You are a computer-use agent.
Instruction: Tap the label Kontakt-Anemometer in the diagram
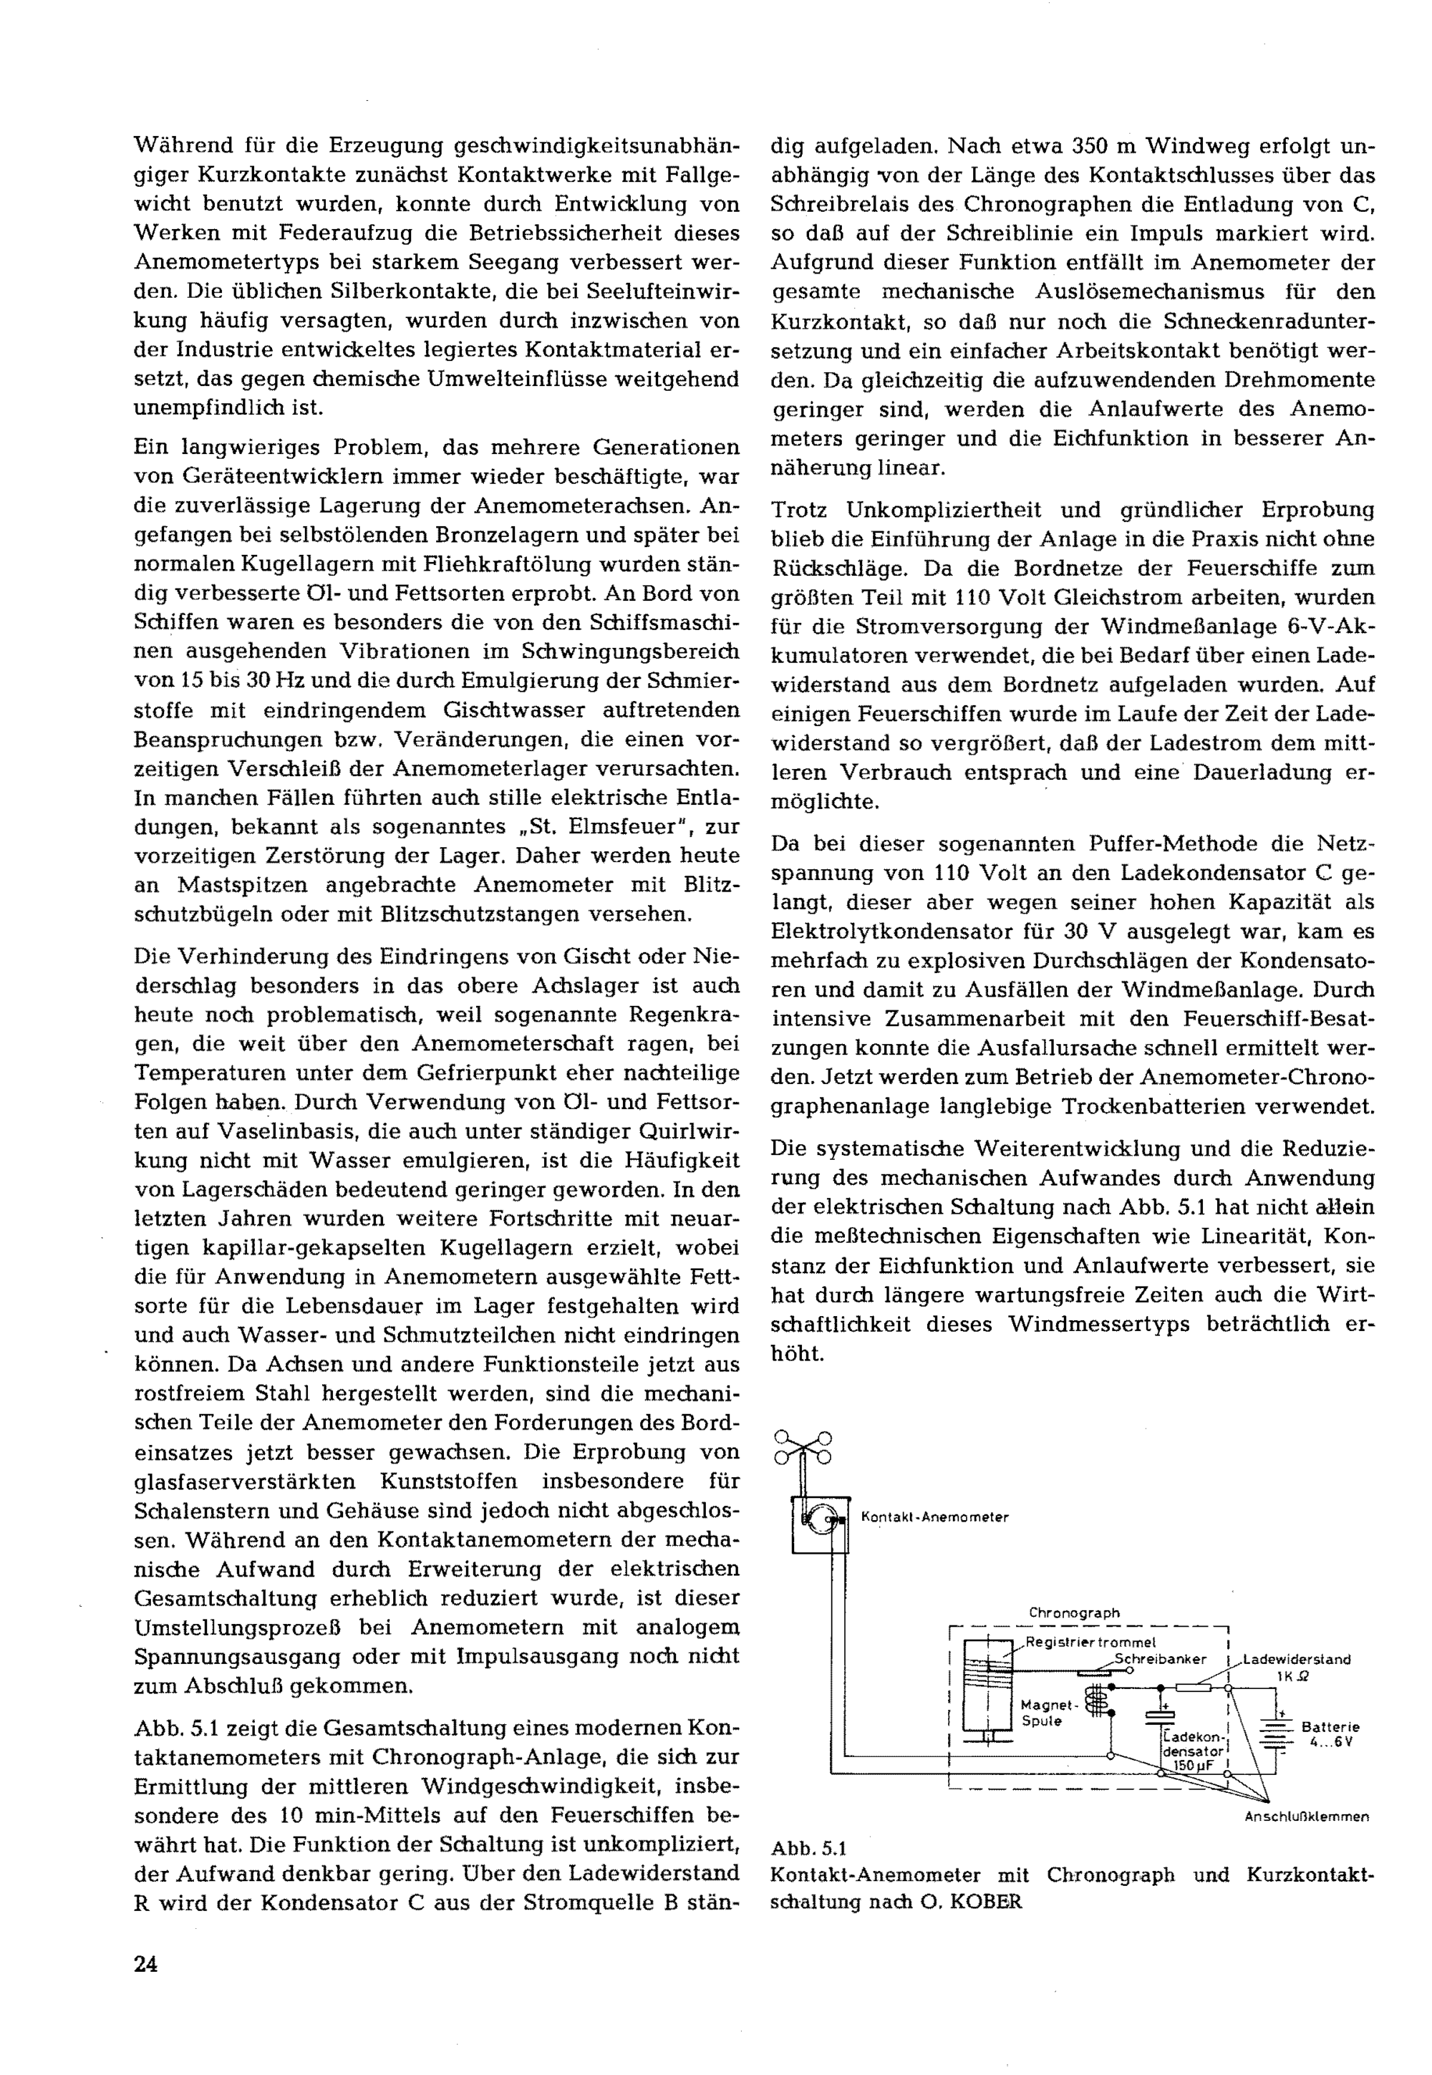[934, 1517]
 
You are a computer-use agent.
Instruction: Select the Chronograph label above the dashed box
[1074, 1612]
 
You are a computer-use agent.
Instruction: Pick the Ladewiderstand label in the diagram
[1297, 1659]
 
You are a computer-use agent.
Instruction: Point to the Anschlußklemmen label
[1307, 1817]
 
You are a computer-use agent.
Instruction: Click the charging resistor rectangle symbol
[1194, 1688]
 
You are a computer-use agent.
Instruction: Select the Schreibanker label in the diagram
[1160, 1659]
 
